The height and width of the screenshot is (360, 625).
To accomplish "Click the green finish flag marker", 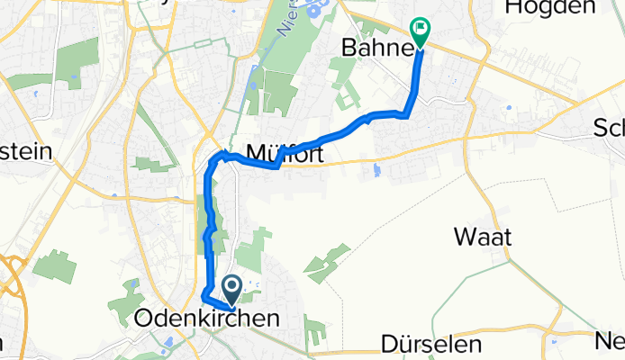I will pyautogui.click(x=419, y=30).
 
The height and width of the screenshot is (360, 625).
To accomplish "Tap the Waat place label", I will pyautogui.click(x=484, y=237).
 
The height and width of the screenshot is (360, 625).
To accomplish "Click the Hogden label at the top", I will pyautogui.click(x=550, y=7).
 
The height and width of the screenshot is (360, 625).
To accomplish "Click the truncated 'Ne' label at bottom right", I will pyautogui.click(x=611, y=341).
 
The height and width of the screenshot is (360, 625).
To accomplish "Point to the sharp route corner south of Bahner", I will pyautogui.click(x=406, y=114).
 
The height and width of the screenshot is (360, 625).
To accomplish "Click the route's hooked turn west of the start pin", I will pyautogui.click(x=204, y=296).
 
